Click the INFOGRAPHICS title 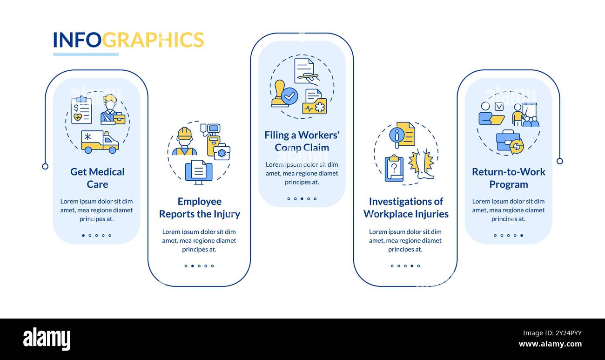point(128,40)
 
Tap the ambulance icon point(100,142)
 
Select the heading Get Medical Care point(97,178)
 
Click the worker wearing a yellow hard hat point(184,142)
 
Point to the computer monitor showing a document point(199,171)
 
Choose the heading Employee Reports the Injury point(199,208)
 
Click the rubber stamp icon point(279,94)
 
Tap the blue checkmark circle point(290,96)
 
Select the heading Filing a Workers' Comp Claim point(302,141)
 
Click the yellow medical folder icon point(315,102)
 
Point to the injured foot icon point(423,164)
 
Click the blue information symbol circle point(397,135)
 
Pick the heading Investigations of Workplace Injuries point(406,208)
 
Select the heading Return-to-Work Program point(508,178)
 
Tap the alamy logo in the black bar point(47,339)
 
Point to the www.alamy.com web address point(550,345)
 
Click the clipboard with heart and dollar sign point(81,111)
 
